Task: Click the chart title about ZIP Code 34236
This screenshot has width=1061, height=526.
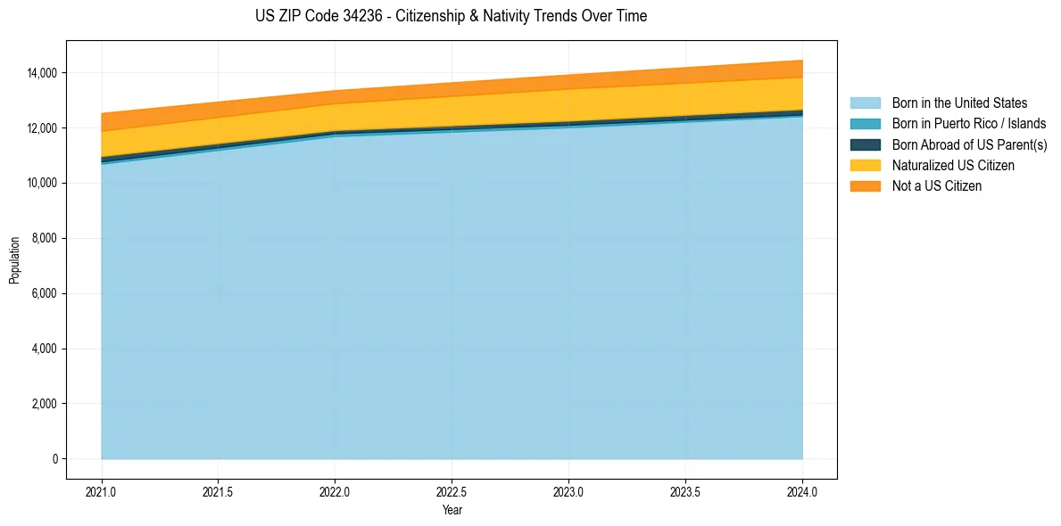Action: pos(452,16)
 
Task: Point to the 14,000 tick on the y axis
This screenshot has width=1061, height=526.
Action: pos(43,73)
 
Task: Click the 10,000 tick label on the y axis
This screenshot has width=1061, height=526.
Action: pos(43,184)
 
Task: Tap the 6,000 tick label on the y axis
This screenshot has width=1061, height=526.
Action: pos(45,294)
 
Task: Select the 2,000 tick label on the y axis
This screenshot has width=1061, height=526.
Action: pos(45,404)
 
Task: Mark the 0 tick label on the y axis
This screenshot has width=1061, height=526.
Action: pos(55,459)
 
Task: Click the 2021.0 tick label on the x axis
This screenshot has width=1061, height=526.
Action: pos(102,492)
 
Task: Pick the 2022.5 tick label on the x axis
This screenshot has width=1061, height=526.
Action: pos(452,492)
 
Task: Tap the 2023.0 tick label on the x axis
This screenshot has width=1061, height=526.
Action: pos(568,492)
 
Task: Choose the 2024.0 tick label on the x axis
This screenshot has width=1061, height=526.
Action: pos(802,492)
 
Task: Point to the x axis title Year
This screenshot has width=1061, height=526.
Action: pos(452,510)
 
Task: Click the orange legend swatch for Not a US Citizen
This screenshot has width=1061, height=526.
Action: pos(866,186)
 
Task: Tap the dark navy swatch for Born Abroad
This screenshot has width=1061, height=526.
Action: pos(866,144)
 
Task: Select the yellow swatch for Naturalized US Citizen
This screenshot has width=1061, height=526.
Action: pos(866,165)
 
